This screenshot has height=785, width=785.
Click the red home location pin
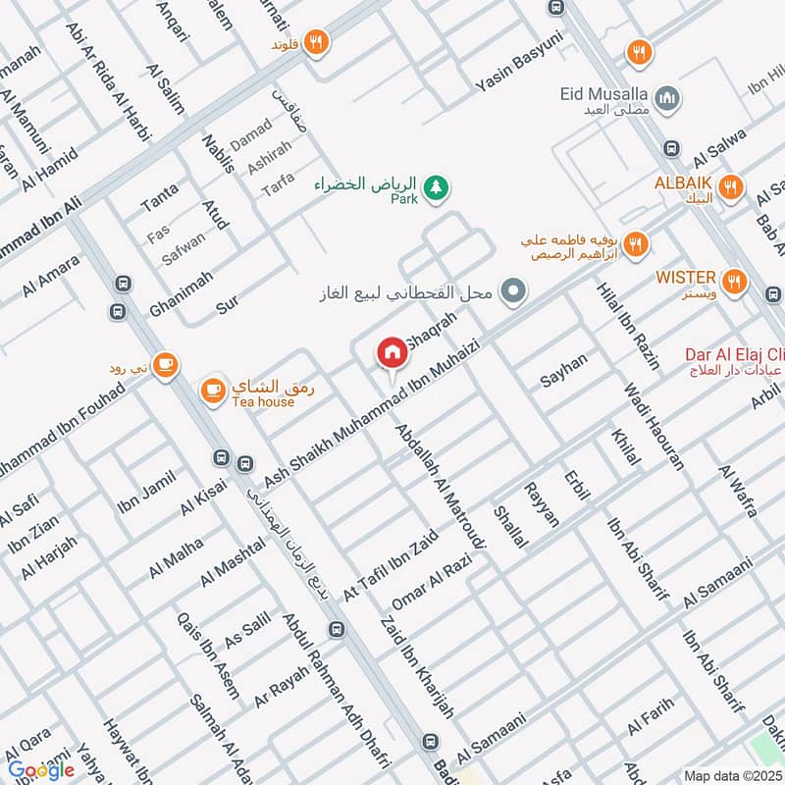pyautogui.click(x=392, y=351)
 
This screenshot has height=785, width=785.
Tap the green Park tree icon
pyautogui.click(x=436, y=184)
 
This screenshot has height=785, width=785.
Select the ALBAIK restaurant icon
pyautogui.click(x=729, y=185)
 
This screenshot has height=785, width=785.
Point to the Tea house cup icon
pyautogui.click(x=211, y=391)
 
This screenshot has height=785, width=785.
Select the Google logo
pyautogui.click(x=41, y=769)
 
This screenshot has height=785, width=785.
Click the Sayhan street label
pyautogui.click(x=564, y=369)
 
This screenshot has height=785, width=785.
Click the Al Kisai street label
pyautogui.click(x=204, y=491)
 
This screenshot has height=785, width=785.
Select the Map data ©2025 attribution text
pyautogui.click(x=731, y=775)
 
